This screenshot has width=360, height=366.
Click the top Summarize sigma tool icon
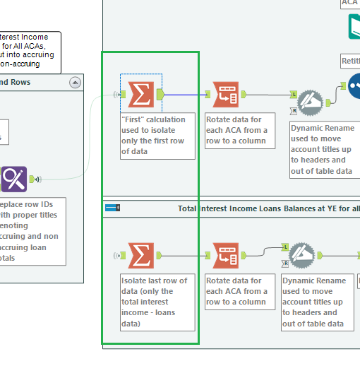[x=142, y=94]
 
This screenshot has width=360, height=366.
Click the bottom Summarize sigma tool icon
[x=141, y=255]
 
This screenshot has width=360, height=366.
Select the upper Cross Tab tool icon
[x=226, y=94]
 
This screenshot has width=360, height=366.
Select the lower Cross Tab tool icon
[x=226, y=255]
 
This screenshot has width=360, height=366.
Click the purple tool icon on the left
[x=14, y=179]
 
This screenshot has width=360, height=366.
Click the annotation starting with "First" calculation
[x=157, y=136]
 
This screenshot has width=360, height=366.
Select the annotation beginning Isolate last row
[x=157, y=302]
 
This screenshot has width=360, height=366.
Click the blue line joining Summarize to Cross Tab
[x=187, y=94]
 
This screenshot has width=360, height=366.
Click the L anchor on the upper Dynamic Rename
[x=294, y=93]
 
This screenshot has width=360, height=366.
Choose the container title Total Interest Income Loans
[x=268, y=208]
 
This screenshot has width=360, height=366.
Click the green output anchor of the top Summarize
[x=160, y=94]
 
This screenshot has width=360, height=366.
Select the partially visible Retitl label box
[x=350, y=61]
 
